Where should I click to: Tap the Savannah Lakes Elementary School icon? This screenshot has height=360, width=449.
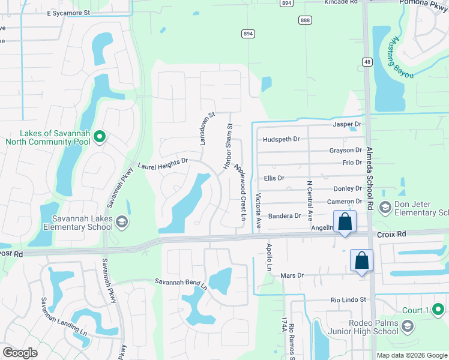pos(122,223)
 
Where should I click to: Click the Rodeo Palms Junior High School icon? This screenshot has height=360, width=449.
pos(408,326)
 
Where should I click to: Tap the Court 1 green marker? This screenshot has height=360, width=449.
pos(439,310)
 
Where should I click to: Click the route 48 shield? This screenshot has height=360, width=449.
pos(367,61)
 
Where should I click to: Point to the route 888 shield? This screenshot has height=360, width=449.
pos(305,20)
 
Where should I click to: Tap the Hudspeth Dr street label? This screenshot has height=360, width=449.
pos(281,139)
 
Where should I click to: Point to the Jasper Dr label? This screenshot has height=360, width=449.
pos(346,125)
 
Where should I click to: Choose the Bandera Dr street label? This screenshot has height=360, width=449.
pos(284,216)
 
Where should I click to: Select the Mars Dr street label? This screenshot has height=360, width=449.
pos(292,276)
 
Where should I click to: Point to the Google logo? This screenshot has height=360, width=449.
pos(20,352)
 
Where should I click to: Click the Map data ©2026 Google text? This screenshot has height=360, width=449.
pos(411,355)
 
